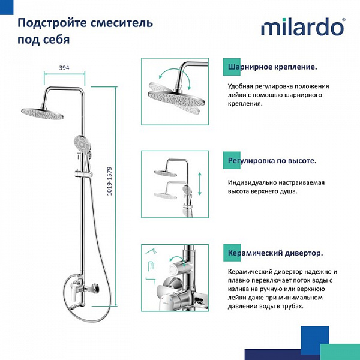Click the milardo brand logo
(x=302, y=28)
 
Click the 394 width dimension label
(x=64, y=68)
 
